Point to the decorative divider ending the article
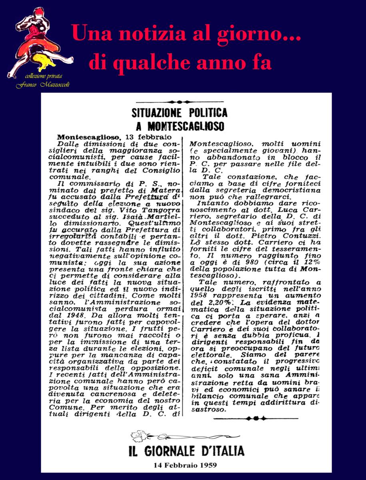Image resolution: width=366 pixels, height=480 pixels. (256, 418)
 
